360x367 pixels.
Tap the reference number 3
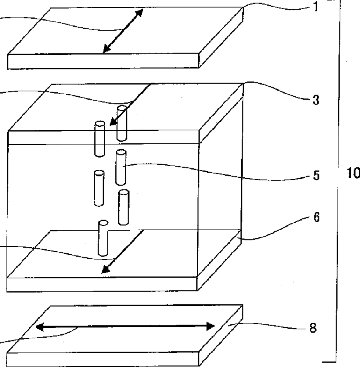click(317, 101)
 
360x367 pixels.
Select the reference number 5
click(316, 176)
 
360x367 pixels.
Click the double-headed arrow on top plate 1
click(122, 31)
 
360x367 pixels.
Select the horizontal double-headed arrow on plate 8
click(126, 326)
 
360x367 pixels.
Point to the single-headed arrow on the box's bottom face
click(122, 252)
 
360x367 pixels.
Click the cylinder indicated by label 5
click(121, 167)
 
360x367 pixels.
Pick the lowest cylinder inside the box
click(103, 238)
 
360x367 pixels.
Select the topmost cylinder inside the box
click(122, 123)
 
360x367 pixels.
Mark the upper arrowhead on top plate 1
click(139, 14)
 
